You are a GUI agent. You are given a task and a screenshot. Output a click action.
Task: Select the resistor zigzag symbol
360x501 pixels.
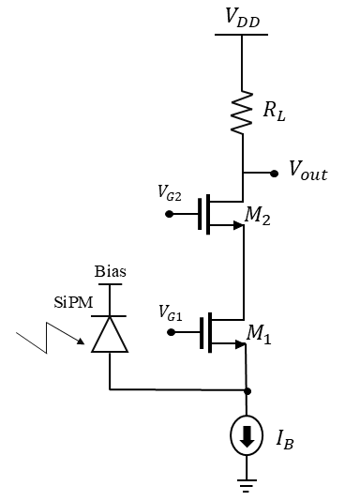[243, 112]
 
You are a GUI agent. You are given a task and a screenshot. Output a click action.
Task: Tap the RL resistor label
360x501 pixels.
[275, 111]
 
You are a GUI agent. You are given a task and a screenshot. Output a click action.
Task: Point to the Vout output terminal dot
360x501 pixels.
[274, 174]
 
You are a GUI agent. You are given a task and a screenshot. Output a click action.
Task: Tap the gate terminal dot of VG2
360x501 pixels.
[169, 214]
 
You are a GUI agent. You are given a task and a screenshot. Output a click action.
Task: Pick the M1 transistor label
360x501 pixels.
[258, 335]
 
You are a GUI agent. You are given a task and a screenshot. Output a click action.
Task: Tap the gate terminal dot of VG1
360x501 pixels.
[169, 330]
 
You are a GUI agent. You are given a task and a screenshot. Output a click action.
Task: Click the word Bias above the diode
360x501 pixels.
[110, 272]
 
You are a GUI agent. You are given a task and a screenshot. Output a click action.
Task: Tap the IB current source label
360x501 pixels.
[284, 438]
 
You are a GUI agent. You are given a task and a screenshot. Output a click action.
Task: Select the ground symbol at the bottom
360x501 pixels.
[246, 484]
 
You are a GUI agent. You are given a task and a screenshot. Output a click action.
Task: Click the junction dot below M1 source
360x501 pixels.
[246, 388]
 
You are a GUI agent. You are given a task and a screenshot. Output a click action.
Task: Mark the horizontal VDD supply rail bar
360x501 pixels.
[242, 34]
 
